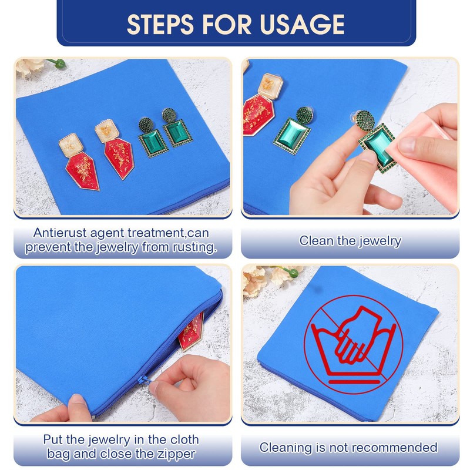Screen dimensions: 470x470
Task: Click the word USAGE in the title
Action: [x=302, y=24]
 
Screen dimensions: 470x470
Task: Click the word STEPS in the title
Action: [x=160, y=24]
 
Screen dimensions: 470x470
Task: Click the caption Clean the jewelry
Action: [x=350, y=241]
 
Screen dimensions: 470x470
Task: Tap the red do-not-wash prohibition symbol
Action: [x=354, y=345]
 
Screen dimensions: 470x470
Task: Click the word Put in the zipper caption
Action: [x=53, y=439]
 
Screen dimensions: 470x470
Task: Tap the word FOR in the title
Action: [x=227, y=24]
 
